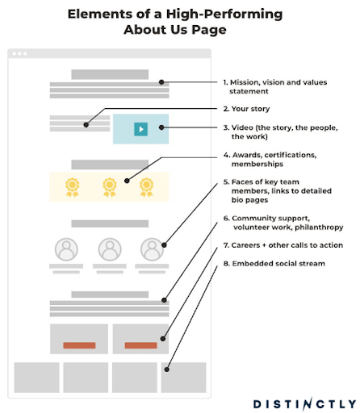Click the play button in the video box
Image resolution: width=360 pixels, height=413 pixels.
(140, 129)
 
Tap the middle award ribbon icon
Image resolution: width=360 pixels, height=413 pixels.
(110, 187)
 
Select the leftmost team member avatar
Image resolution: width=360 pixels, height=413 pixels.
(66, 249)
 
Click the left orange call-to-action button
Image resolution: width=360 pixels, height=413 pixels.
(79, 345)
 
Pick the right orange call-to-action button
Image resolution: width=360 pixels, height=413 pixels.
(140, 345)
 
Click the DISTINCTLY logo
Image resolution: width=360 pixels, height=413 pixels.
(304, 404)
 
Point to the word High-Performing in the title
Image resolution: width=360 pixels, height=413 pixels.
(224, 14)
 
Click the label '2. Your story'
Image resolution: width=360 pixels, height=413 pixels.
(246, 109)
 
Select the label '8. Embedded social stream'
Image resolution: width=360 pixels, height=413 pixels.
(274, 264)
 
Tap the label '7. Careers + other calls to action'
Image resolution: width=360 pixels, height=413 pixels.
(283, 245)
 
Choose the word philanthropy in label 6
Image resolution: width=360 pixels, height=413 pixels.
(319, 227)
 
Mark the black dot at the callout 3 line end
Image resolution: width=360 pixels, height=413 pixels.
(161, 127)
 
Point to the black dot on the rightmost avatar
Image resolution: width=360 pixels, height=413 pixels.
(164, 245)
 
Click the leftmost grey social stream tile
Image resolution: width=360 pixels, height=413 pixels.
(37, 378)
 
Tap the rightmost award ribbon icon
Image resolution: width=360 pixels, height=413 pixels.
(146, 187)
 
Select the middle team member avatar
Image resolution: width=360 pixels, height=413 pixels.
(110, 249)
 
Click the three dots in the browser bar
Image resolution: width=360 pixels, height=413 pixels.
(19, 53)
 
